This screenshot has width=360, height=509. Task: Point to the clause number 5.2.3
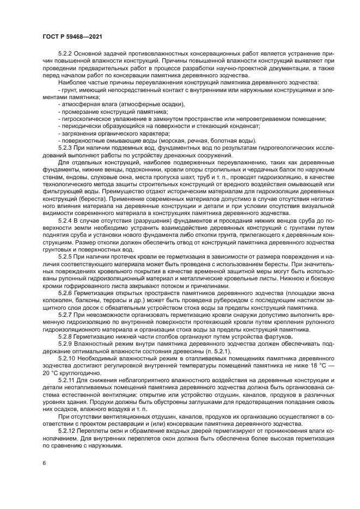click(x=66, y=148)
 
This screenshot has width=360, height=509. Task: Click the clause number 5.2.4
click(x=66, y=219)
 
